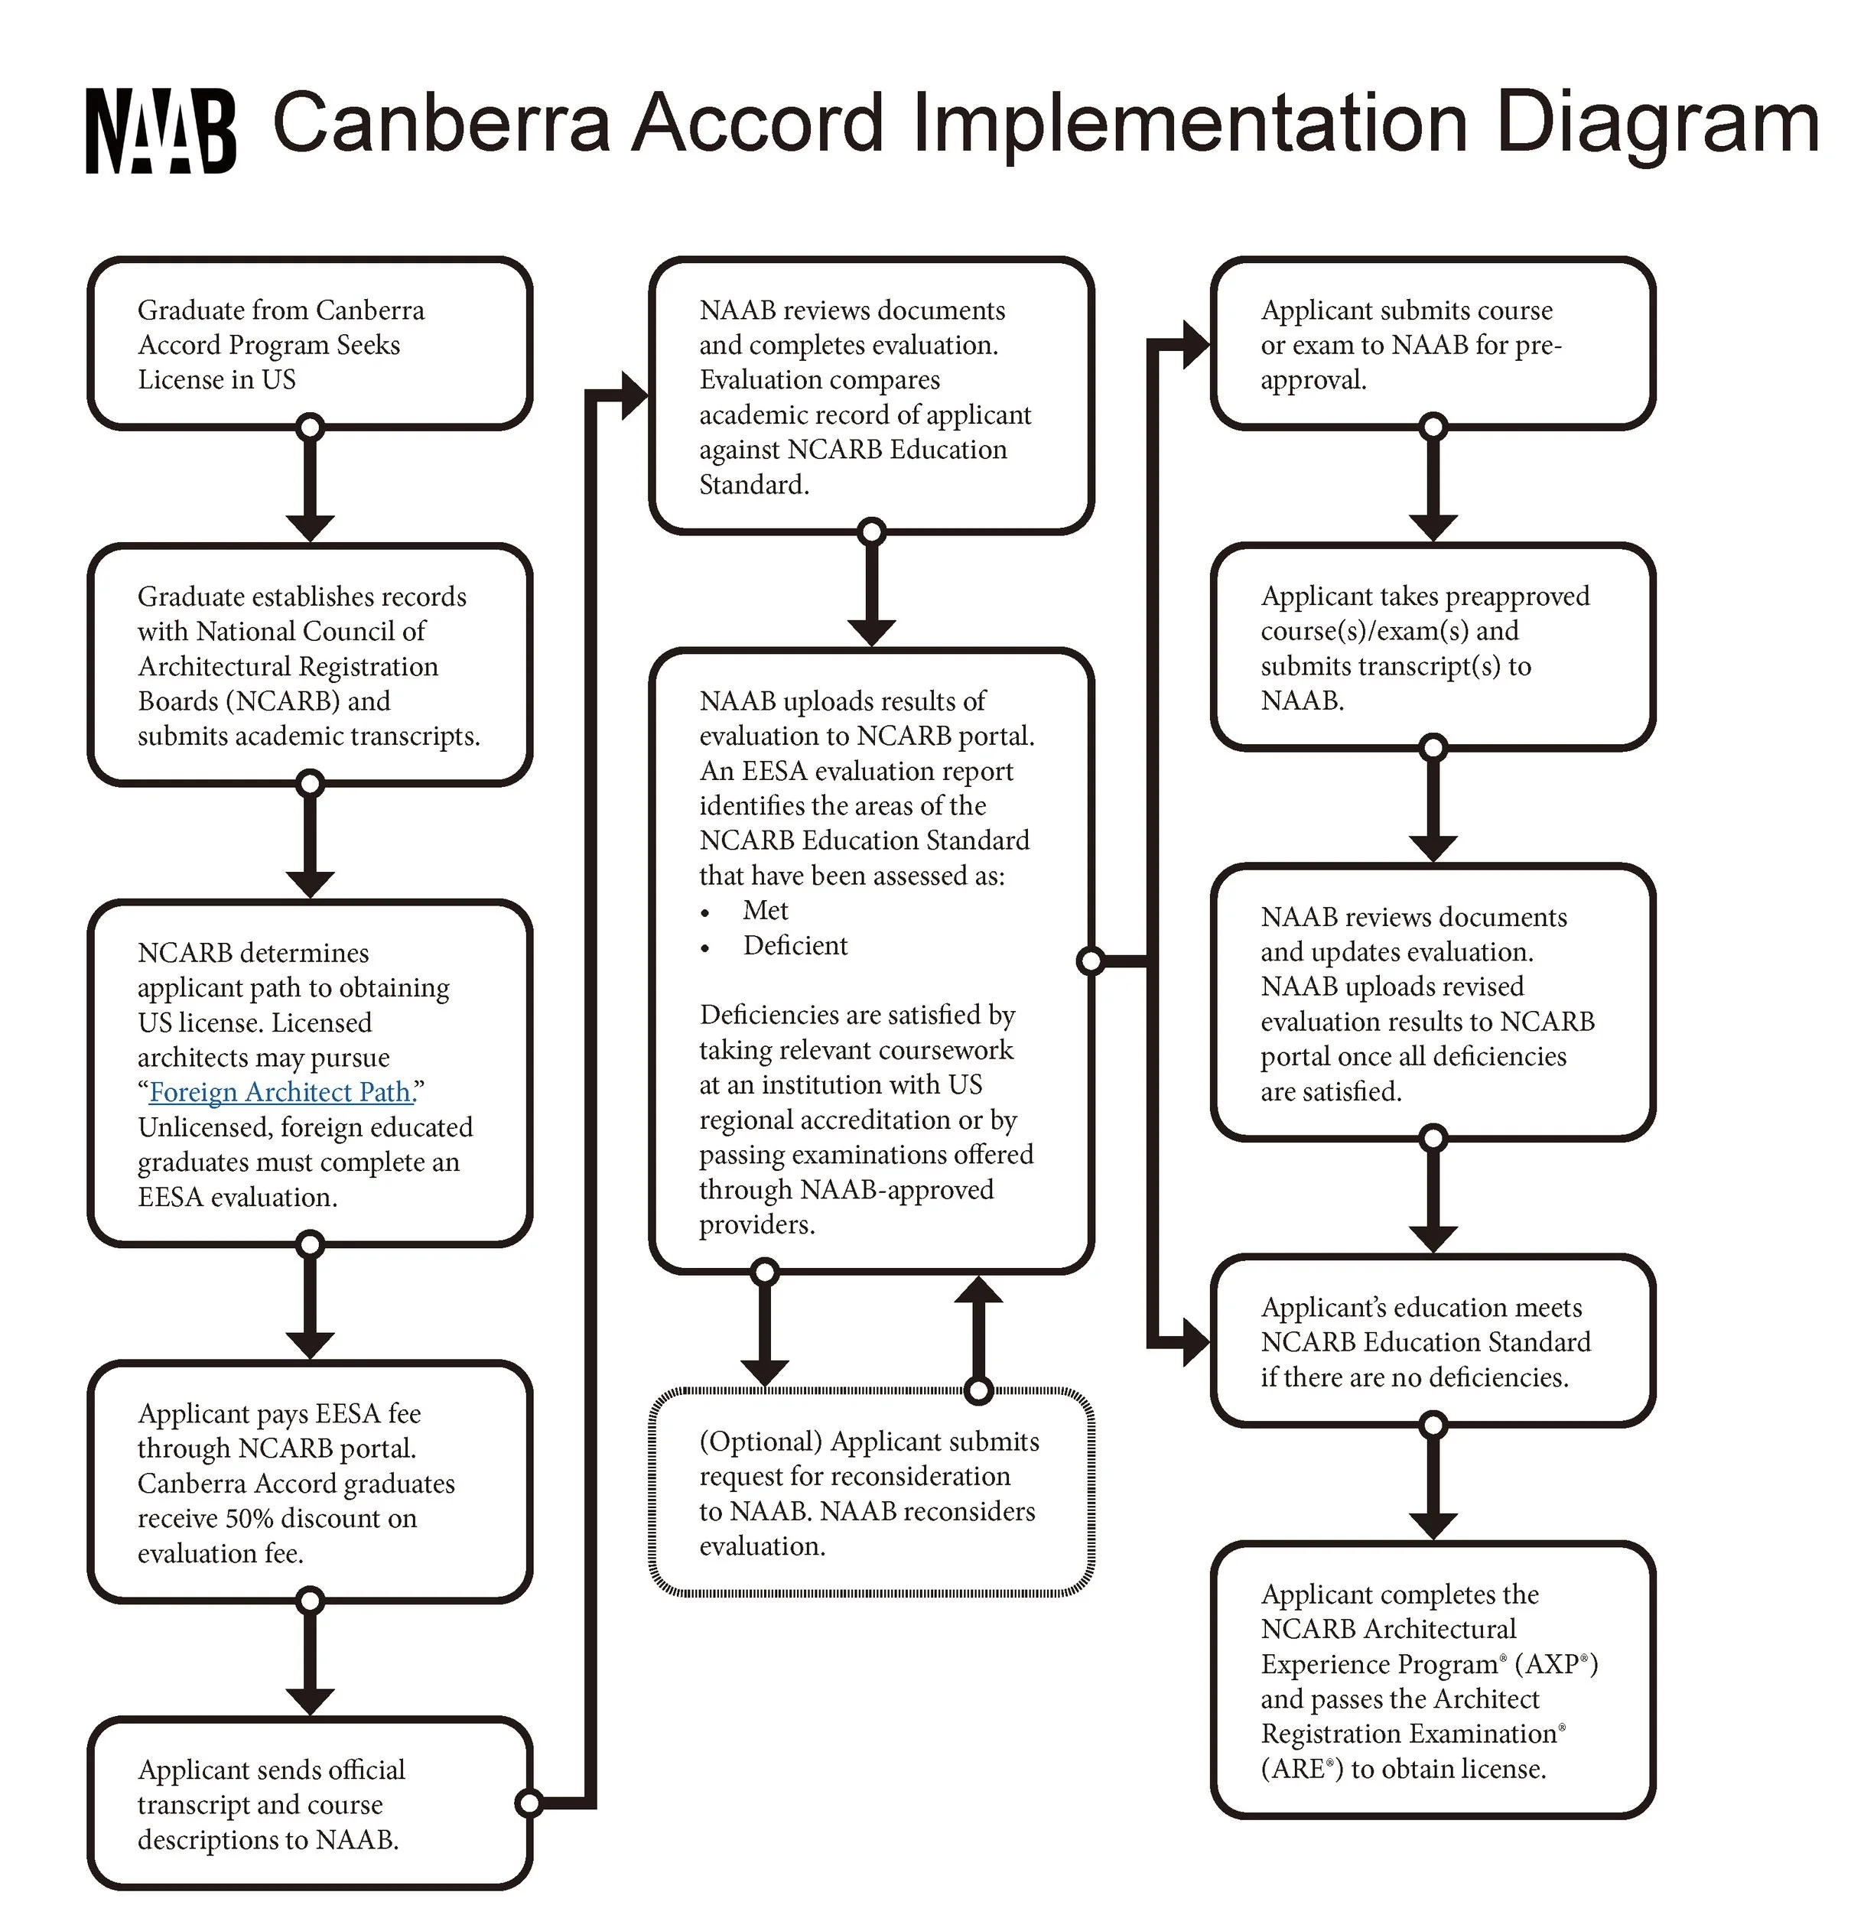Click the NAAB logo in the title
[161, 130]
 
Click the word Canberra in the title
[441, 124]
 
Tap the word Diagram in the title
[1655, 124]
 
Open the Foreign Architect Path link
[281, 1093]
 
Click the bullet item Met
[766, 910]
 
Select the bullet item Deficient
[794, 946]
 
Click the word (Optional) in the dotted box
[760, 1442]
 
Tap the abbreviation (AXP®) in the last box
[1556, 1664]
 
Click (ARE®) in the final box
[1302, 1768]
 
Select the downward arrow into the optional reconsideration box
[765, 1340]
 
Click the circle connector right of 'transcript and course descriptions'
[529, 1803]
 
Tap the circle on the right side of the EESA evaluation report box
[1091, 961]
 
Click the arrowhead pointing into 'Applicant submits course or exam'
[1195, 345]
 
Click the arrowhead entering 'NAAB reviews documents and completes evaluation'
[633, 396]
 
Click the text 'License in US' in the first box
[216, 380]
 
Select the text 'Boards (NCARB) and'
[264, 701]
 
